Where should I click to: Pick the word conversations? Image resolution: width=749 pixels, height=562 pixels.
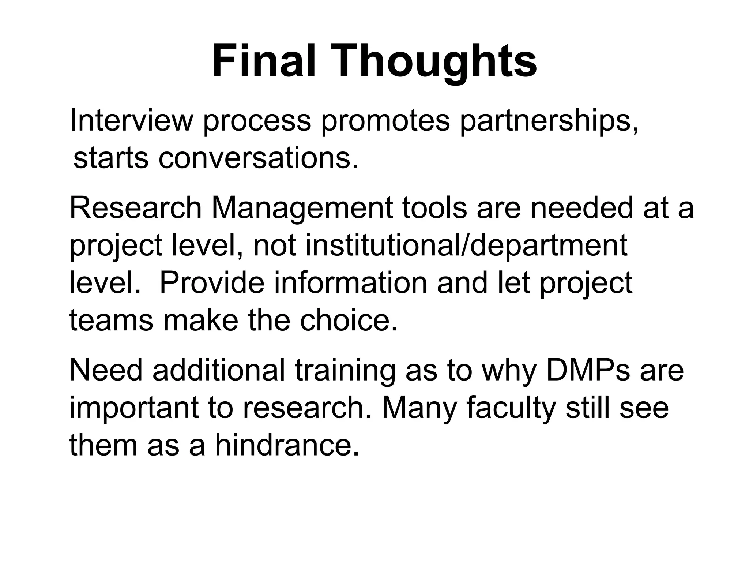258,158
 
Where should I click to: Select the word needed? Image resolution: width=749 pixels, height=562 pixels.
581,208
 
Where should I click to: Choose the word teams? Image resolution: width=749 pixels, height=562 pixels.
111,320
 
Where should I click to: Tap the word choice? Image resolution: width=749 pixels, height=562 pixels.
349,320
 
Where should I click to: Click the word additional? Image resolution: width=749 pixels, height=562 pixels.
219,370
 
